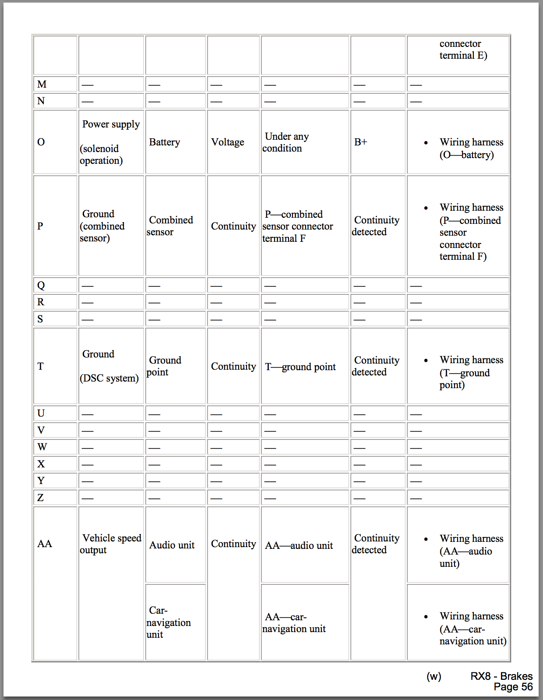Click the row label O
tap(41, 142)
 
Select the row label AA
tap(45, 544)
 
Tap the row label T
tap(41, 366)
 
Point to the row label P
tap(40, 226)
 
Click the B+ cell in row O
tap(361, 142)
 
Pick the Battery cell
tap(165, 142)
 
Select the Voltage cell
tap(228, 142)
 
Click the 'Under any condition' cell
tap(286, 142)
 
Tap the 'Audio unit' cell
tap(172, 545)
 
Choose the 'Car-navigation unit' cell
tap(169, 622)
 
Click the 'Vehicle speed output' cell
tap(111, 544)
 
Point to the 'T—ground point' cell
tap(300, 367)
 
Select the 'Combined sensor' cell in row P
tap(170, 226)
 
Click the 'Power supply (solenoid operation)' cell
tap(110, 142)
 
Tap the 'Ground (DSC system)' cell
tap(109, 366)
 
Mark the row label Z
tap(41, 498)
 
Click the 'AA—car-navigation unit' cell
tap(294, 623)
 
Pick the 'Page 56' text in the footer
tap(513, 687)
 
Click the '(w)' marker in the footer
tap(434, 676)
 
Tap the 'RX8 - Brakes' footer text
tap(501, 676)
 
